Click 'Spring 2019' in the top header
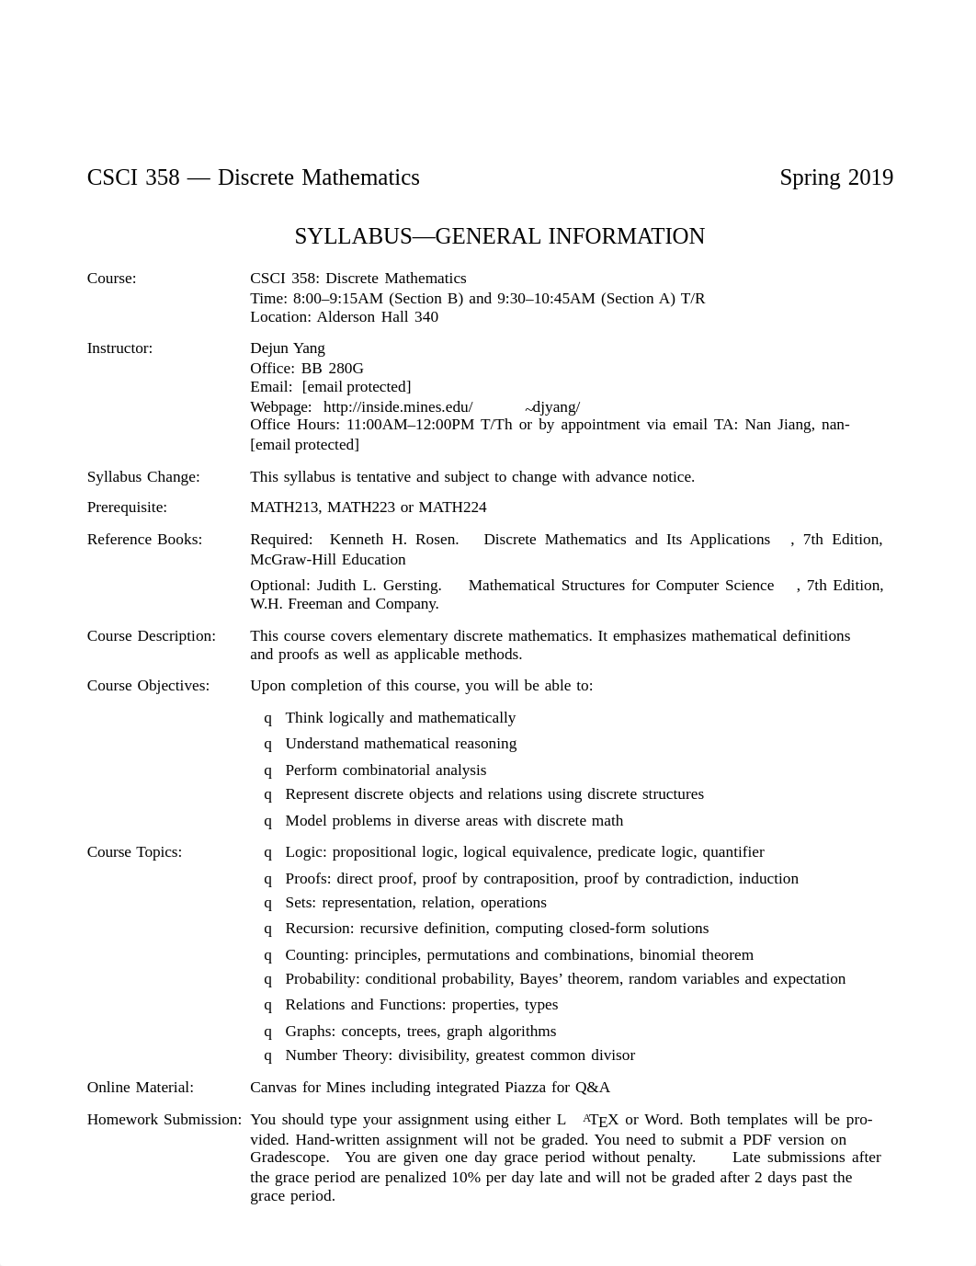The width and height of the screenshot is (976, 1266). tap(835, 177)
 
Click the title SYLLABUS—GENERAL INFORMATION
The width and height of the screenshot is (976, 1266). tap(499, 236)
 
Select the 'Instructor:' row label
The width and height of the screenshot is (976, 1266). tap(119, 348)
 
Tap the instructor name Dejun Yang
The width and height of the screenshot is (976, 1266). tap(288, 348)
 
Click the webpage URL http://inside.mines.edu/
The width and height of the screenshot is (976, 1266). tap(398, 406)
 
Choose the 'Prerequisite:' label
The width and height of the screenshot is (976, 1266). tap(127, 508)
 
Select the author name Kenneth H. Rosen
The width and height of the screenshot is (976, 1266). tap(394, 540)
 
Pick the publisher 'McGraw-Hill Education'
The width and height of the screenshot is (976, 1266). tap(328, 559)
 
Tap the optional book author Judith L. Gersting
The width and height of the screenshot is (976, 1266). tap(379, 586)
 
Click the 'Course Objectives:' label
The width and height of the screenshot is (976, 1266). tap(148, 686)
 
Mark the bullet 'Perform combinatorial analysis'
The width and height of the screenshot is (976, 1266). tap(385, 770)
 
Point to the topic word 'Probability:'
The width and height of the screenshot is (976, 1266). tap(323, 979)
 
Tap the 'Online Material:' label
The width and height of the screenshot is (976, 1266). tap(140, 1088)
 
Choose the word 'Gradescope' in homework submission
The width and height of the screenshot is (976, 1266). tap(289, 1158)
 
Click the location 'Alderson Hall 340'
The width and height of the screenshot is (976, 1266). tap(377, 317)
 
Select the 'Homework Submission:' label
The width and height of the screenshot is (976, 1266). tap(164, 1120)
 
